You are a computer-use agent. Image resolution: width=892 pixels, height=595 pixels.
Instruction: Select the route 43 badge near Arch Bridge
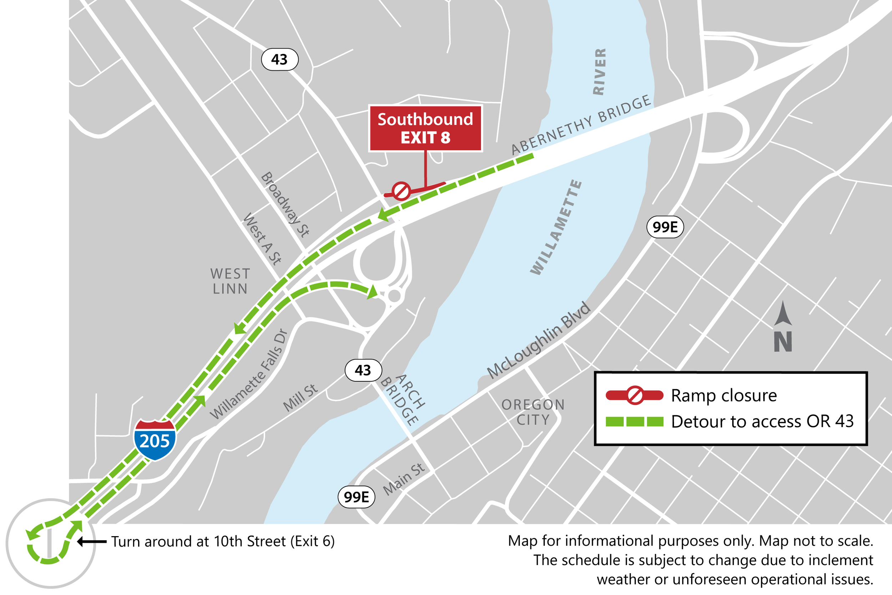[x=363, y=370]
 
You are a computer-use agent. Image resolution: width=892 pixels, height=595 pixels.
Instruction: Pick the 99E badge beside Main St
[x=356, y=497]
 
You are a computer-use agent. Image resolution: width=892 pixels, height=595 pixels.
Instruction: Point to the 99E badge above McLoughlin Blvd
[x=665, y=227]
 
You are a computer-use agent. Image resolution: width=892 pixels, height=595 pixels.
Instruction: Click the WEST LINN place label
[x=230, y=281]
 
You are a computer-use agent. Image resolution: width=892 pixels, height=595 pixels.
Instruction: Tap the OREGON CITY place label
[x=533, y=412]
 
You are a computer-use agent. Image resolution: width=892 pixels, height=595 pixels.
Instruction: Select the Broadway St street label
[x=285, y=204]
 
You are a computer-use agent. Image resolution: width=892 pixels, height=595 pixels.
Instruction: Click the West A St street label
[x=262, y=239]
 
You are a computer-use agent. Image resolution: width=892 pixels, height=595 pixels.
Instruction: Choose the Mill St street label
[x=300, y=397]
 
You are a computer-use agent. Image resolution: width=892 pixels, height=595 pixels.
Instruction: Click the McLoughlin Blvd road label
[x=539, y=340]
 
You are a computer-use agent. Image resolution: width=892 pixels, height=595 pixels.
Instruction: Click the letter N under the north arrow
[x=783, y=341]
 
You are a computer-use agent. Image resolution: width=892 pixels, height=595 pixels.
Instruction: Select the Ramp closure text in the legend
[x=724, y=395]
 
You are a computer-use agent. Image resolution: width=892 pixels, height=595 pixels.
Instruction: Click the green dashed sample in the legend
[x=634, y=422]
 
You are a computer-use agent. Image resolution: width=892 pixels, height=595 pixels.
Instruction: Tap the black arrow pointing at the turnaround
[x=92, y=541]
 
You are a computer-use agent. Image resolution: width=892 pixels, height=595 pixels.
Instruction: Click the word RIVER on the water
[x=599, y=71]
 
